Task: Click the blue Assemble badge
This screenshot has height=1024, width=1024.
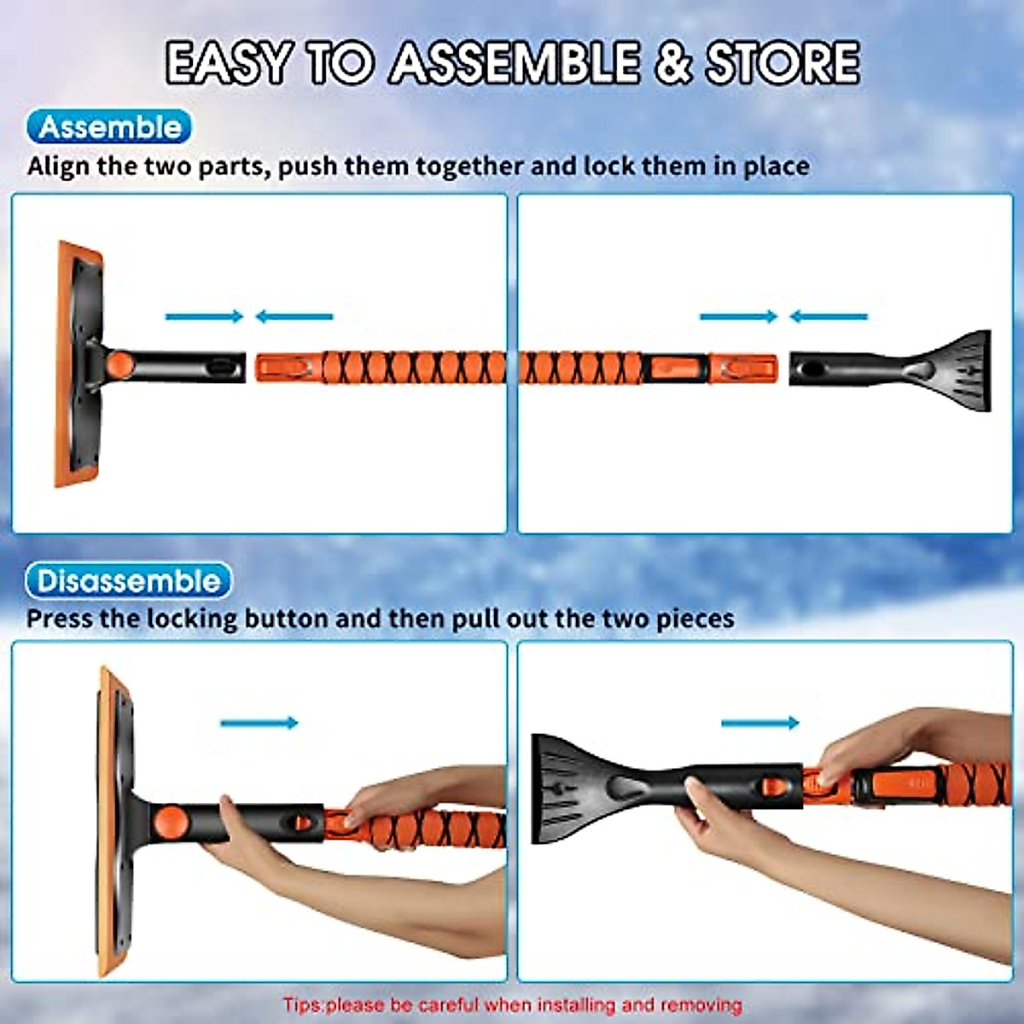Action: (110, 128)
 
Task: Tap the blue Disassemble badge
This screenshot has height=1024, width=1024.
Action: (128, 582)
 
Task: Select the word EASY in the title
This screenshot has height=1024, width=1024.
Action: (228, 63)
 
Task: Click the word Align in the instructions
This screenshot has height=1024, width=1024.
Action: (58, 166)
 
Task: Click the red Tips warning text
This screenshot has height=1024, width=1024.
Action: (512, 1004)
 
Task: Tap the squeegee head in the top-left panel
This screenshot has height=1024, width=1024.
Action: (79, 364)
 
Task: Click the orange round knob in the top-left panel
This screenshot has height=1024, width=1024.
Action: (121, 364)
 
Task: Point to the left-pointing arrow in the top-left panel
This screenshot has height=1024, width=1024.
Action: (294, 317)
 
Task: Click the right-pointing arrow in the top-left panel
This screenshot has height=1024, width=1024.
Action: (205, 317)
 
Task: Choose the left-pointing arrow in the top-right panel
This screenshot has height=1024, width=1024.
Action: (829, 317)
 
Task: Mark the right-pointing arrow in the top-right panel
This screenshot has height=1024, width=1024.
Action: (739, 317)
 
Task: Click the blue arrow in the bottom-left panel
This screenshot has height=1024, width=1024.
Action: (259, 723)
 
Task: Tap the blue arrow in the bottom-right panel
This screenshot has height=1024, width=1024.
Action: (760, 723)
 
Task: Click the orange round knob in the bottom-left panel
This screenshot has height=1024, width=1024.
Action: (171, 823)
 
